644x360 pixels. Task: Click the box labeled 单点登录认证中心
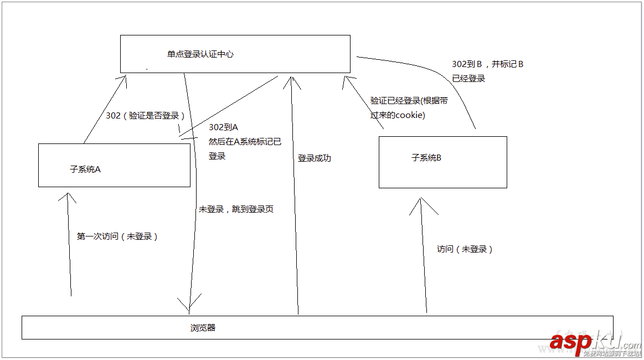(x=235, y=54)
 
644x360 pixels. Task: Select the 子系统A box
(x=114, y=165)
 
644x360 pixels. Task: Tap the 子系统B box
(x=442, y=162)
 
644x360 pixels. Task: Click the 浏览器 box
(x=317, y=327)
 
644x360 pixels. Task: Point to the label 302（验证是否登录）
(x=145, y=116)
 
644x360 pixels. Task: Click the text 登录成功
(x=314, y=158)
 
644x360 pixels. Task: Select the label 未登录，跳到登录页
(x=236, y=209)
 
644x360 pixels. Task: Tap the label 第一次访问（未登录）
(x=117, y=236)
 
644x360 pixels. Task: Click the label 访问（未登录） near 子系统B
(x=465, y=249)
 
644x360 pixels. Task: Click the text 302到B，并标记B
(x=487, y=64)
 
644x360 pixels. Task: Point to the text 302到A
(x=223, y=127)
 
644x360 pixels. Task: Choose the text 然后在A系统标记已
(x=245, y=142)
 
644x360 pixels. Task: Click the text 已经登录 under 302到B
(x=468, y=79)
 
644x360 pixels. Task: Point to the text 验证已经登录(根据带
(x=409, y=101)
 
